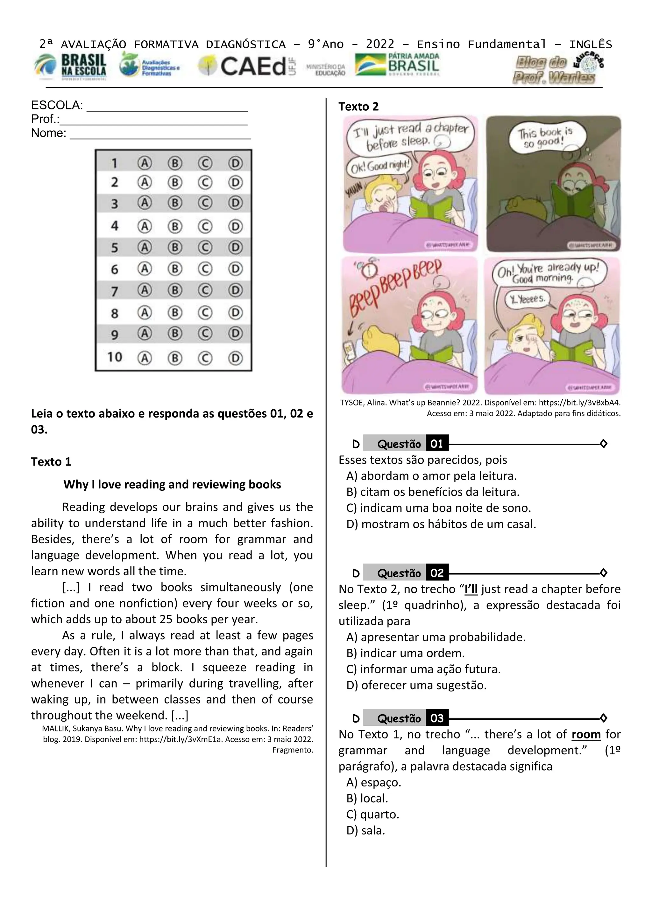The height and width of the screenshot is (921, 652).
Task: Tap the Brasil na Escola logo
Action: (x=71, y=66)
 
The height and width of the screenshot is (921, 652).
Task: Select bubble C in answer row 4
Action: (x=205, y=227)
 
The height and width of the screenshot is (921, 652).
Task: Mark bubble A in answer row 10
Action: (x=145, y=358)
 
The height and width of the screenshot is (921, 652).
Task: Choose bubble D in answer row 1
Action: (x=235, y=163)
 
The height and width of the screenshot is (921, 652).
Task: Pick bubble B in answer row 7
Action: (x=175, y=290)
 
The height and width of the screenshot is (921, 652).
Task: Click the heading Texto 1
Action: (x=51, y=462)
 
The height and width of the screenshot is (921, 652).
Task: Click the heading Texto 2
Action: (x=358, y=107)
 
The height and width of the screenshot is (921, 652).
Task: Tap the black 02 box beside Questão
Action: (x=437, y=573)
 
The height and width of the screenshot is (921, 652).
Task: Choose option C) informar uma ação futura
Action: (x=423, y=669)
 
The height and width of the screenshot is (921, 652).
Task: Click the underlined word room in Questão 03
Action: (x=586, y=734)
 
